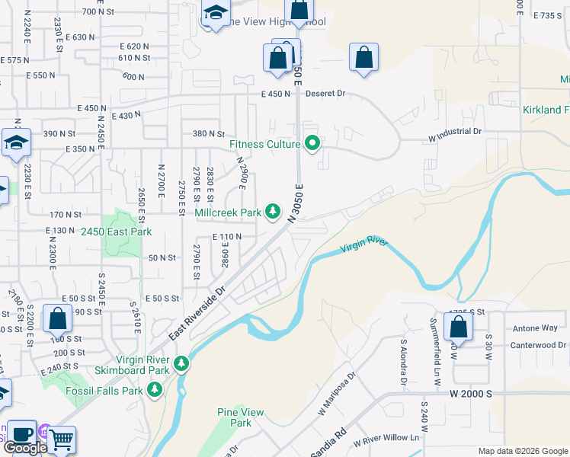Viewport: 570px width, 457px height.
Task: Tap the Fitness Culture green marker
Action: tap(312, 143)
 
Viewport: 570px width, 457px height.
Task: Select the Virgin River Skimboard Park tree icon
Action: tap(181, 364)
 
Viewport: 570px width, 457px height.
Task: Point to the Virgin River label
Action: tap(364, 245)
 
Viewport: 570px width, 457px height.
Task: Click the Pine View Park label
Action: tap(240, 417)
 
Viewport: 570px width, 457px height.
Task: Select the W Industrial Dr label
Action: tap(456, 131)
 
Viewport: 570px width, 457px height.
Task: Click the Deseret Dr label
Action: tap(325, 94)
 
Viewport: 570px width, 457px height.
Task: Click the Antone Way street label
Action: tap(535, 328)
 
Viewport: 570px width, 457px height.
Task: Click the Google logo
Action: tap(25, 448)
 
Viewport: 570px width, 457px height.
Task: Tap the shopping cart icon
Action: tap(61, 439)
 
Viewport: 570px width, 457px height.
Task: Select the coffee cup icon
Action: tap(21, 432)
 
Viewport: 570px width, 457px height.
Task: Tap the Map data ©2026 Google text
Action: tap(522, 451)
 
